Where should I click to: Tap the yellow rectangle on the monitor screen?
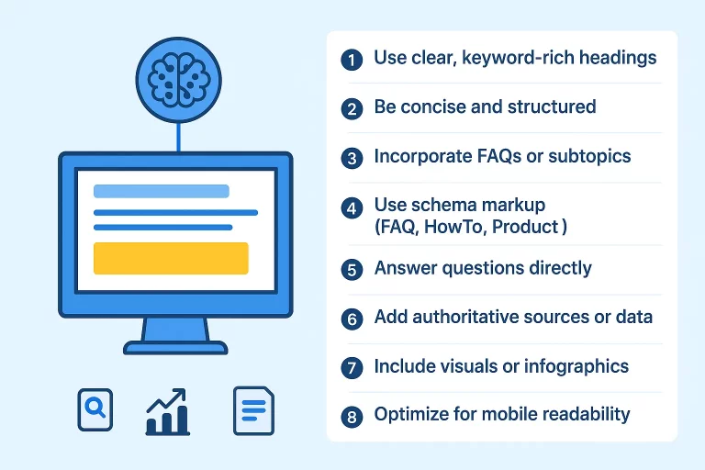[171, 258]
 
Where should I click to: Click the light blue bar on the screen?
[162, 191]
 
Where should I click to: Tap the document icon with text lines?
[252, 409]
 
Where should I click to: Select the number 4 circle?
[352, 207]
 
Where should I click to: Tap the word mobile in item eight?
[498, 414]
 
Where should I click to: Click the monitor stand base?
[174, 347]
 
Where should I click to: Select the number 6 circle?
[352, 319]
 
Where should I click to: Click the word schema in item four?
[442, 204]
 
